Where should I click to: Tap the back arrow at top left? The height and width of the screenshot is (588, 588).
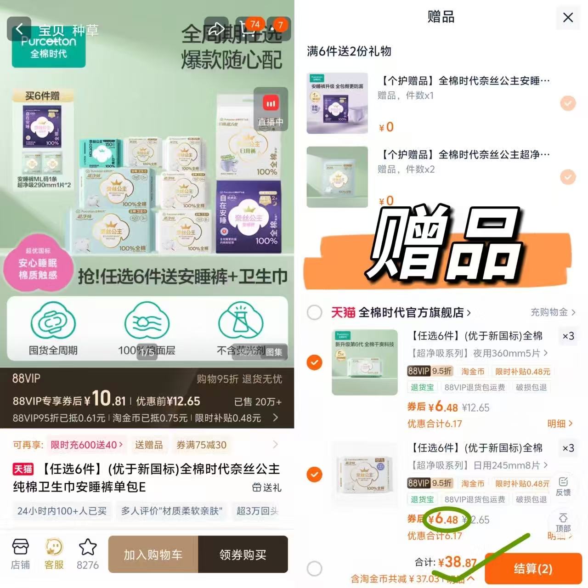pyautogui.click(x=19, y=29)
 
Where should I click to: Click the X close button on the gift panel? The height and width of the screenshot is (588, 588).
pyautogui.click(x=568, y=18)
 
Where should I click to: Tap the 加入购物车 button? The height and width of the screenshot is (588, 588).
pyautogui.click(x=153, y=554)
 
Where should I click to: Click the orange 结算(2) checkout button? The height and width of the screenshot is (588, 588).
pyautogui.click(x=533, y=569)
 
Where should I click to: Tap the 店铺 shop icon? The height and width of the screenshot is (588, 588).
pyautogui.click(x=20, y=554)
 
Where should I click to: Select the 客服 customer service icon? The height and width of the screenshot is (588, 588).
pyautogui.click(x=54, y=554)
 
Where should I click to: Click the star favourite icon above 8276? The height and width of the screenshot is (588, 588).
pyautogui.click(x=87, y=548)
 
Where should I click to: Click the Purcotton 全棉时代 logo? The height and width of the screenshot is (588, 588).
pyautogui.click(x=49, y=47)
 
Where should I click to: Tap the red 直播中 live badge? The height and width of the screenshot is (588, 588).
pyautogui.click(x=271, y=109)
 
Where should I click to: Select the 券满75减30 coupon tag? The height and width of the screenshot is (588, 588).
pyautogui.click(x=201, y=445)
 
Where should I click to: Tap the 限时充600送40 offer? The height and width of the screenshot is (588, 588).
pyautogui.click(x=86, y=445)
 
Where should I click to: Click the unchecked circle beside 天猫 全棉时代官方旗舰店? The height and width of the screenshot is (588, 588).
pyautogui.click(x=314, y=313)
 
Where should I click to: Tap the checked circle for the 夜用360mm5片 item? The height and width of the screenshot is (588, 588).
pyautogui.click(x=314, y=362)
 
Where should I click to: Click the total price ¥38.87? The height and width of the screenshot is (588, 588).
pyautogui.click(x=457, y=562)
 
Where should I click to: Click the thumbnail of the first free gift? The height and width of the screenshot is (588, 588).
pyautogui.click(x=337, y=103)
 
